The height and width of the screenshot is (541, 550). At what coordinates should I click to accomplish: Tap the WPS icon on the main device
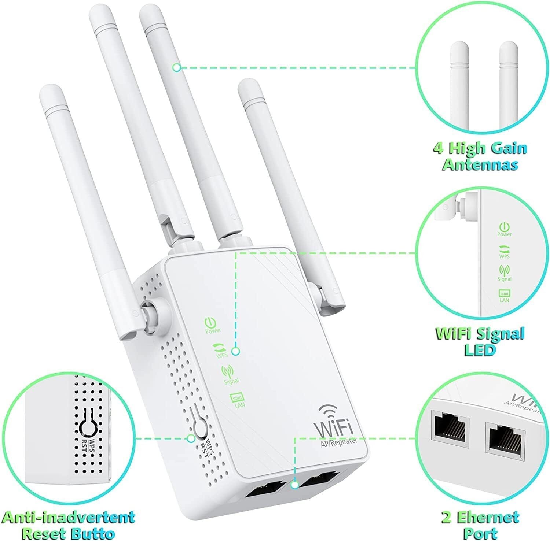[219, 347]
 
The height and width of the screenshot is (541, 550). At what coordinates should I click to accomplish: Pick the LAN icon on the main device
[235, 398]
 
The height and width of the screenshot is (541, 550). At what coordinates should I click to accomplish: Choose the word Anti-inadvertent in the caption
[68, 518]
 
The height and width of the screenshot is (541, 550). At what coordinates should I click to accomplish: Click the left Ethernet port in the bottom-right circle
[450, 427]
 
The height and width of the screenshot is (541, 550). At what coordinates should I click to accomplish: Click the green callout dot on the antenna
[177, 67]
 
